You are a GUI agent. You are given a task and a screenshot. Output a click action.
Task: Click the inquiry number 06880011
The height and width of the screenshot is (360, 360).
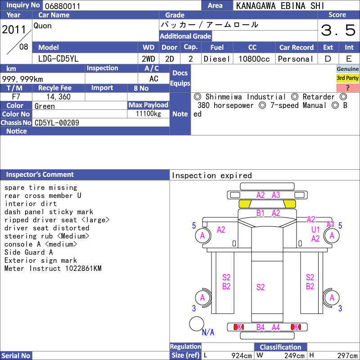63,6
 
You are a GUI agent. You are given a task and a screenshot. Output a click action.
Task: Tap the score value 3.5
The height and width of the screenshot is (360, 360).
338,30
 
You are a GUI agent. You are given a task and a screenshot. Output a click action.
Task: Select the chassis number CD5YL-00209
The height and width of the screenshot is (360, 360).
57,123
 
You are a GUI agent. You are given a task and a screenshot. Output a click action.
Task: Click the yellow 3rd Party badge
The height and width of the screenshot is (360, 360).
347,78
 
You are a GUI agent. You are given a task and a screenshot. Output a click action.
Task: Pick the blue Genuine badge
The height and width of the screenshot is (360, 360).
347,69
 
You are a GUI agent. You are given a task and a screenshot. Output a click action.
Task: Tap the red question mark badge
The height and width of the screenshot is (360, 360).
347,88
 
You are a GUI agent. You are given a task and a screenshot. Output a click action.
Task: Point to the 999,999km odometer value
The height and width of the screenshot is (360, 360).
22,79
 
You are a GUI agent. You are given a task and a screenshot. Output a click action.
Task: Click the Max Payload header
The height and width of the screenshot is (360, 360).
148,105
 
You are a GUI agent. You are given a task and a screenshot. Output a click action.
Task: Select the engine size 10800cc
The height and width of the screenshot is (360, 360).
254,59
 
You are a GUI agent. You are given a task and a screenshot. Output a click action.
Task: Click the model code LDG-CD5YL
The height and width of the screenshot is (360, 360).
58,59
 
